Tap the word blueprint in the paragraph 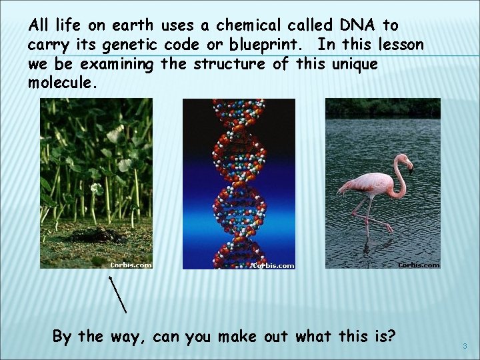(274, 45)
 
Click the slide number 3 (465, 346)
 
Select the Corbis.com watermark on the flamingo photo (419, 265)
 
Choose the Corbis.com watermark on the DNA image (274, 265)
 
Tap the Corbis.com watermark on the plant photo (131, 265)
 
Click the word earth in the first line (132, 25)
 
